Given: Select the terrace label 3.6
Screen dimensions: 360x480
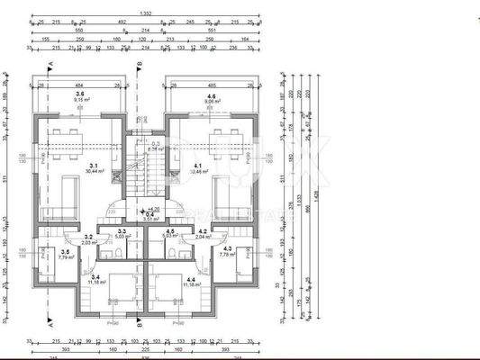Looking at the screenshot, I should (x=81, y=94).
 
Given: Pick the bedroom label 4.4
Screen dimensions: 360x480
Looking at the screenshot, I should (x=189, y=277).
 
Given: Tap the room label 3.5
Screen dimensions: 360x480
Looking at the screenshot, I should (x=64, y=252).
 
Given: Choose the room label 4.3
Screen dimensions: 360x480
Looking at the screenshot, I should (x=227, y=249).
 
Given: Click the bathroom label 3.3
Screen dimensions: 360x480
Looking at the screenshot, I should (x=122, y=232).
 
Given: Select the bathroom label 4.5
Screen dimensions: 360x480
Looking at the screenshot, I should (x=169, y=232).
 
